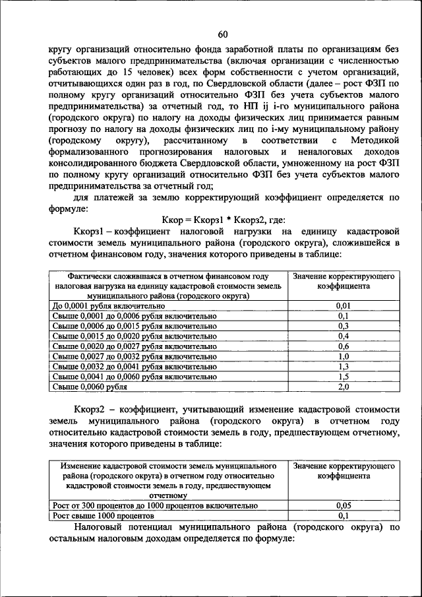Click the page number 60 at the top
pyautogui.click(x=222, y=34)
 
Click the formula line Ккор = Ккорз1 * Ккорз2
pyautogui.click(x=223, y=220)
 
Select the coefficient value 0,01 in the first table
pyautogui.click(x=343, y=306)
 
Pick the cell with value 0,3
pyautogui.click(x=343, y=326)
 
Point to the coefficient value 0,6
pyautogui.click(x=343, y=346)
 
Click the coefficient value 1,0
pyautogui.click(x=343, y=356)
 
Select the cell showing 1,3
pyautogui.click(x=343, y=365)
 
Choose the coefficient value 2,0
pyautogui.click(x=343, y=387)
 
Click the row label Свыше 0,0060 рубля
pyautogui.click(x=90, y=387)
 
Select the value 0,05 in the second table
pyautogui.click(x=343, y=505)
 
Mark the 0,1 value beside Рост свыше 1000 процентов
pyautogui.click(x=343, y=515)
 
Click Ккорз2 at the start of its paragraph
pyautogui.click(x=91, y=410)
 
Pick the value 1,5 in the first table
pyautogui.click(x=343, y=376)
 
